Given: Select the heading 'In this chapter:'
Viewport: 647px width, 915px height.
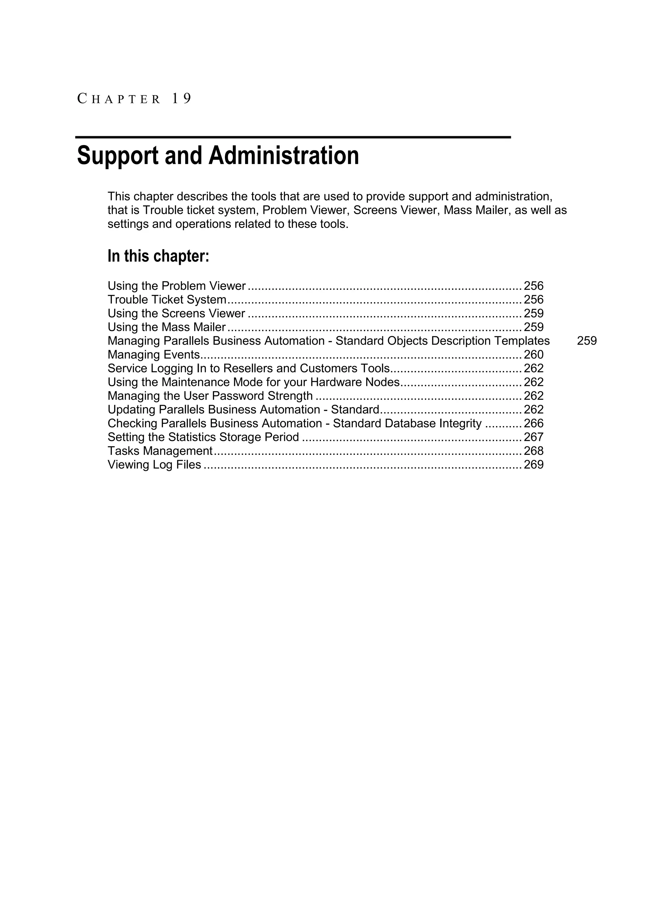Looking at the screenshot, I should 158,256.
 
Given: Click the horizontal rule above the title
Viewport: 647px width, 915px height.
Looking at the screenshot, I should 293,137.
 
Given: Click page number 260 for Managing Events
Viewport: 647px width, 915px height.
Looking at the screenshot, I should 534,355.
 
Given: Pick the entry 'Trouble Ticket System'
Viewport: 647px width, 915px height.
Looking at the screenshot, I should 167,300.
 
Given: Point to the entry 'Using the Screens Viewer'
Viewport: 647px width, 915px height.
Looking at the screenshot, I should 176,314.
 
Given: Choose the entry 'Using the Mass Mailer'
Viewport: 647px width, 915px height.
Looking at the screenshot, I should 166,327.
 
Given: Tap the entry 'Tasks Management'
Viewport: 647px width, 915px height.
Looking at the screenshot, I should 160,451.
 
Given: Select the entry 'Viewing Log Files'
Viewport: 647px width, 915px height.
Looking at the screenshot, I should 154,465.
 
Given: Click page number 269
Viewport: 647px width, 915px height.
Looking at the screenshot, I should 534,465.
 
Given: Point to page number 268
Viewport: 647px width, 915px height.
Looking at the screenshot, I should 534,451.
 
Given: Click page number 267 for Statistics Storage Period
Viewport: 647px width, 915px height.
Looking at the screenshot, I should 534,437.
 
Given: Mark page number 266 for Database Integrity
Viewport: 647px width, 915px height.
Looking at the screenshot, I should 534,424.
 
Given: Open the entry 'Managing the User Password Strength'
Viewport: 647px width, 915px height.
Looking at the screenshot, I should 210,396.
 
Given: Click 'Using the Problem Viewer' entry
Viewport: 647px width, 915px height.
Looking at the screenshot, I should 177,286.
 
